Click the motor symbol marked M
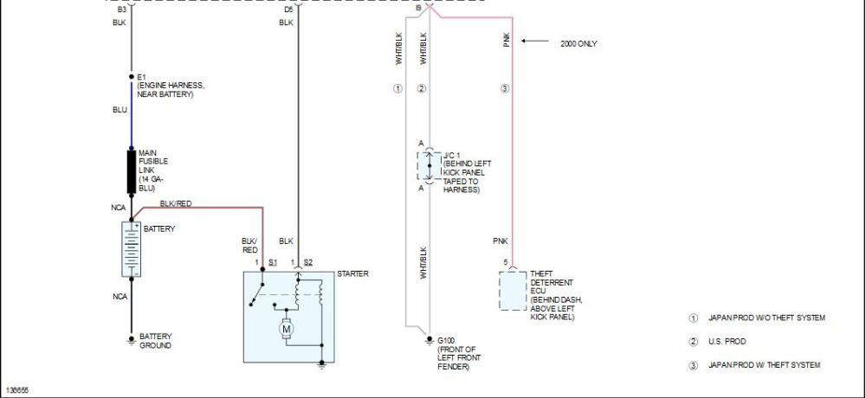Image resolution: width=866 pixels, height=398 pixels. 287,330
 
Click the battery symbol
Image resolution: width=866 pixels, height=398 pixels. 132,249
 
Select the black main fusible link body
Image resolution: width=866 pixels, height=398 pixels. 132,171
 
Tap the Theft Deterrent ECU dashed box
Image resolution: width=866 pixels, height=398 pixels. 513,291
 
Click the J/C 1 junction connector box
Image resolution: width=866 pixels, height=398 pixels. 430,165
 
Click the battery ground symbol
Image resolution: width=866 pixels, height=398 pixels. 132,341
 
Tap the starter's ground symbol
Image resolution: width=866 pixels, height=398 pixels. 322,364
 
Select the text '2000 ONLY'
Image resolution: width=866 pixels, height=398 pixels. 578,43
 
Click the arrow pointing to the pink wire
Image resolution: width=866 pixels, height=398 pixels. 534,41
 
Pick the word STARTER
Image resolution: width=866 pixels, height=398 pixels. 352,273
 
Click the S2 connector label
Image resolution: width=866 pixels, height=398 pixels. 308,262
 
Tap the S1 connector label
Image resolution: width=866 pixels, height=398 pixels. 273,262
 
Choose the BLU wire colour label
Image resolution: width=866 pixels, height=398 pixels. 120,110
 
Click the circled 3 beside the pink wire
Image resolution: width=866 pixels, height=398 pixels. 504,88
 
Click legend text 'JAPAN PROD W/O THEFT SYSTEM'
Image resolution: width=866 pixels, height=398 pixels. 766,318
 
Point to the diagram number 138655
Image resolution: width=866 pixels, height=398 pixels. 17,390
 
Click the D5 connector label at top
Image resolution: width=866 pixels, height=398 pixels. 288,10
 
